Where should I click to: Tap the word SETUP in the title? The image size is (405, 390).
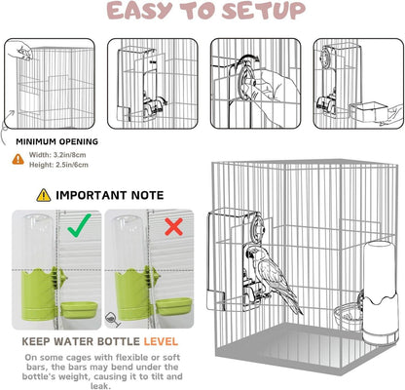264,11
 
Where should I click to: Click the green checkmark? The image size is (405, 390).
79,226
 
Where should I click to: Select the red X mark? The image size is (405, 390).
173,226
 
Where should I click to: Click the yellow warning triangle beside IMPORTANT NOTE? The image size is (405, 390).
44,195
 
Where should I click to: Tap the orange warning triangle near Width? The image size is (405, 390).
18,159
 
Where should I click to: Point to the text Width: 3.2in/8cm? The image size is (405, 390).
57,155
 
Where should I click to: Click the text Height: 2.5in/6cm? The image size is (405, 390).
58,165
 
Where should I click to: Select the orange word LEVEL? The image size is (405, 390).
161,341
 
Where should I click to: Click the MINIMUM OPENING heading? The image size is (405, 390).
57,141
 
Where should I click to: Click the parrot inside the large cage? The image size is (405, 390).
272,277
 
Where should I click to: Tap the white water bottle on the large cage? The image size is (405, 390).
380,292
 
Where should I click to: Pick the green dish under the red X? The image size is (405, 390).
173,307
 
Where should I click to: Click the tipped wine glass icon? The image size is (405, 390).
113,320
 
